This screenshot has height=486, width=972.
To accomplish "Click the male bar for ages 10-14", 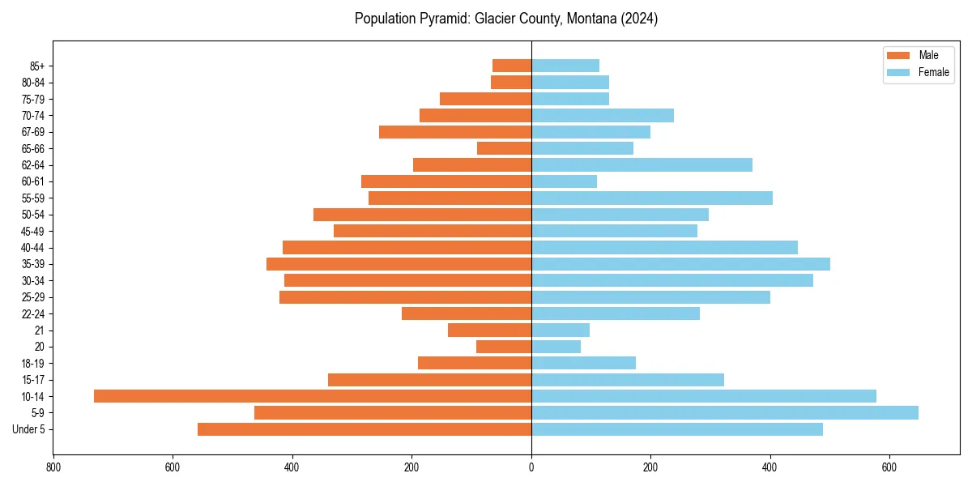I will tap(313, 396).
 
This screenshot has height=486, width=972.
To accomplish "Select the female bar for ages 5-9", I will tap(725, 412).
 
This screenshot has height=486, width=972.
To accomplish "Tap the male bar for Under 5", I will tap(364, 429).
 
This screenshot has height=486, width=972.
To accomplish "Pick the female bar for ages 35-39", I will tap(680, 264).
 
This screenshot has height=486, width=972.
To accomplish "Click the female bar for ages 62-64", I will tap(642, 165).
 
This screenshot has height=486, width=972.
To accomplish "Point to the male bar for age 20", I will tap(504, 347).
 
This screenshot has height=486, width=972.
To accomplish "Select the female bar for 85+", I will tap(565, 66).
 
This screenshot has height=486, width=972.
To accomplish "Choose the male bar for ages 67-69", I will tap(455, 132).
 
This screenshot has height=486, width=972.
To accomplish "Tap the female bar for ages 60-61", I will tap(564, 181).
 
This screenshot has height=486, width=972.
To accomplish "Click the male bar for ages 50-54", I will tap(422, 215).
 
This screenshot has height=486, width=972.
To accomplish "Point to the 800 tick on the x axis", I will tap(53, 467).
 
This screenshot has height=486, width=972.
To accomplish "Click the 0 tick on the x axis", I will tap(531, 467).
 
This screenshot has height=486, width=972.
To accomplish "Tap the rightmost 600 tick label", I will tap(889, 467).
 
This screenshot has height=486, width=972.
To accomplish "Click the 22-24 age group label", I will tap(33, 313).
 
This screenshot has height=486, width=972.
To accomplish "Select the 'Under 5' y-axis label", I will tap(28, 429).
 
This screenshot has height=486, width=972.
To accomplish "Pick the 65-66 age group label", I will tap(33, 148).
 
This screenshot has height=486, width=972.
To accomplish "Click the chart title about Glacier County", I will tap(506, 19).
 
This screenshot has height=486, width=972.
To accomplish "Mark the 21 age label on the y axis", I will tap(40, 330).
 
